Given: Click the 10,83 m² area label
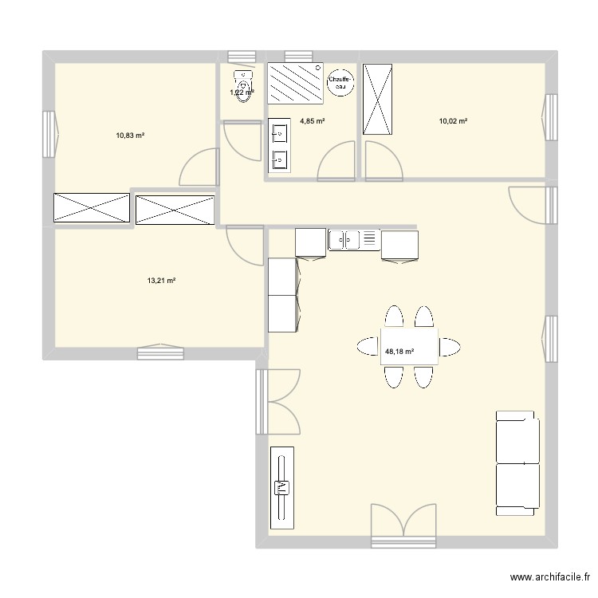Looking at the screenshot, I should click(129, 136).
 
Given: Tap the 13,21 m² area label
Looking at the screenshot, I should click(161, 281).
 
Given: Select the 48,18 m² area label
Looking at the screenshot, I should click(399, 350).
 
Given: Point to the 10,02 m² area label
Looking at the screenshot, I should click(453, 121).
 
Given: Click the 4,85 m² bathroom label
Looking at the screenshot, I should click(312, 121).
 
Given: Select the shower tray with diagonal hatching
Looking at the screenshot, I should click(296, 83).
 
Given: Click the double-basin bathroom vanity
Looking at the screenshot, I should click(279, 145).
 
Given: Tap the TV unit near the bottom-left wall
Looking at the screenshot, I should click(281, 486).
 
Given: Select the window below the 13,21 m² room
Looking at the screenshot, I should click(160, 352).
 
